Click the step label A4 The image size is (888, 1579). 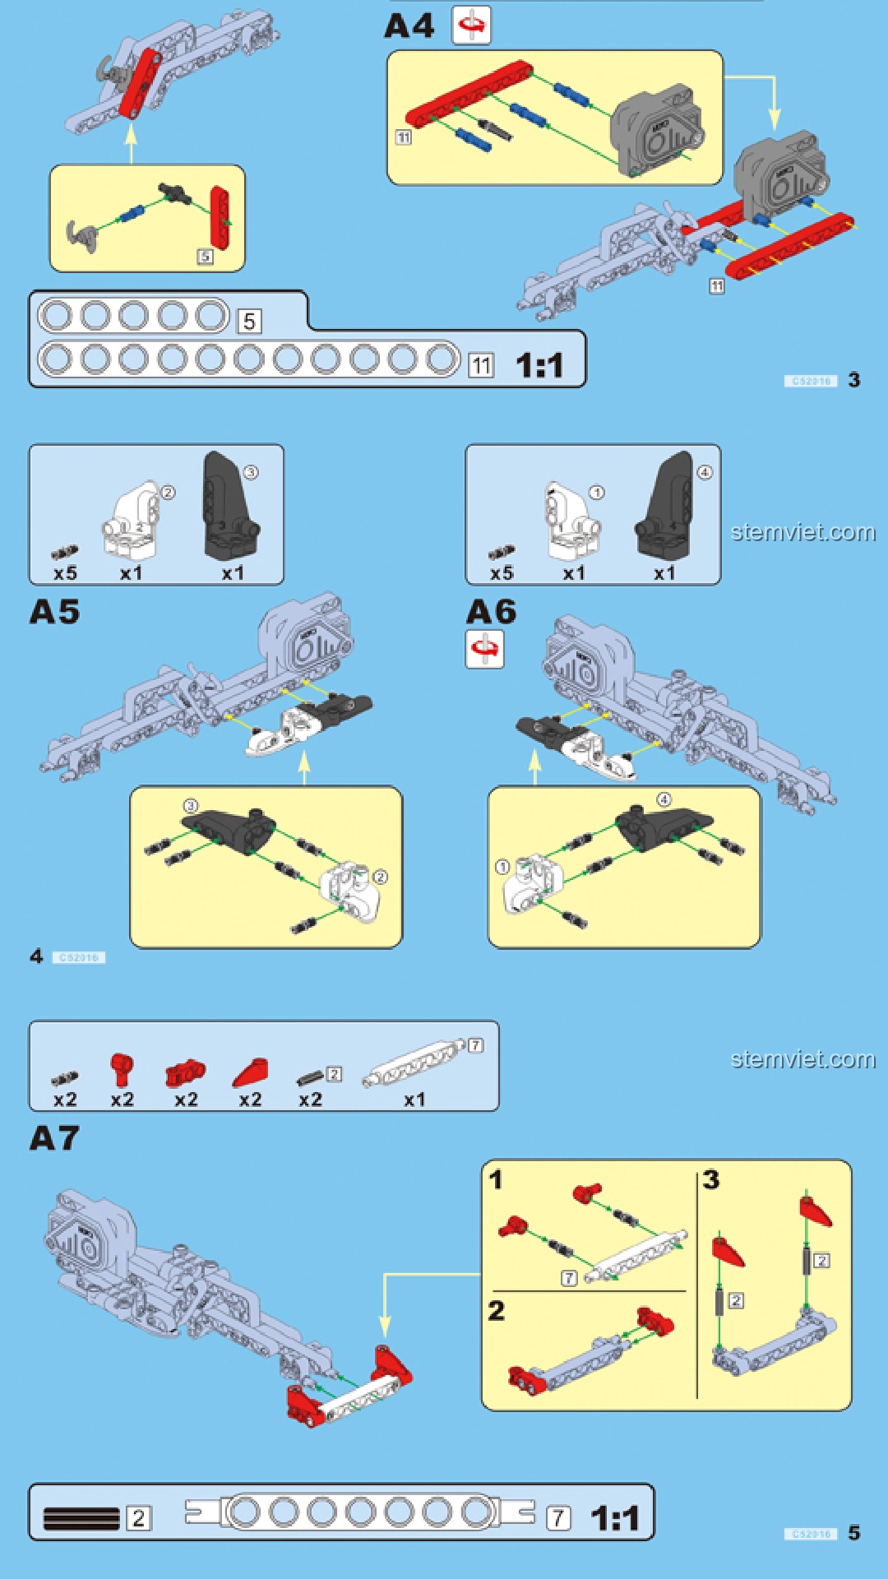(x=409, y=26)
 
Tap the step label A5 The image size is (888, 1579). (x=54, y=612)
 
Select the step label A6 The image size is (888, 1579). (x=491, y=612)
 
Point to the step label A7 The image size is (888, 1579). (x=54, y=1138)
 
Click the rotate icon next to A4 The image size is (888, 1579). (x=471, y=25)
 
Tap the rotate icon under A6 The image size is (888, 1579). (x=484, y=649)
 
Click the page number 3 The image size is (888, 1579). (x=854, y=380)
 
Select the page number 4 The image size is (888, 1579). (x=36, y=956)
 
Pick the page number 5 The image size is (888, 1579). (x=854, y=1533)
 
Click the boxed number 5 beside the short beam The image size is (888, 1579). (x=250, y=321)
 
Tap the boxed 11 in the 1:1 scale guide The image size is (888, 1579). (x=481, y=365)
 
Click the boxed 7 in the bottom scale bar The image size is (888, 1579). (x=558, y=1517)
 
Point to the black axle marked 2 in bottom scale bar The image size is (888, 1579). (x=81, y=1518)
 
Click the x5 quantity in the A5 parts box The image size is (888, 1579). (x=65, y=573)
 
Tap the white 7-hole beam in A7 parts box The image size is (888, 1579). (x=414, y=1067)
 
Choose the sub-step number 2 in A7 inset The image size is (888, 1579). (x=496, y=1310)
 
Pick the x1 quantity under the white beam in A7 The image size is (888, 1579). (x=415, y=1100)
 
